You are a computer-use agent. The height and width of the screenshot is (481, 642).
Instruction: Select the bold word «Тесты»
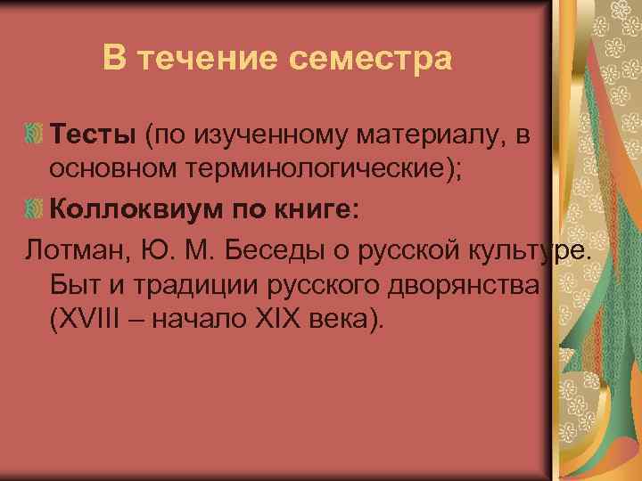[x=92, y=135]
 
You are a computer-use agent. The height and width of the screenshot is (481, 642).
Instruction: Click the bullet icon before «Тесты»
[x=34, y=136]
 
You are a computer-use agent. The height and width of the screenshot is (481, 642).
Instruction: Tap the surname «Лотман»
[x=78, y=248]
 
